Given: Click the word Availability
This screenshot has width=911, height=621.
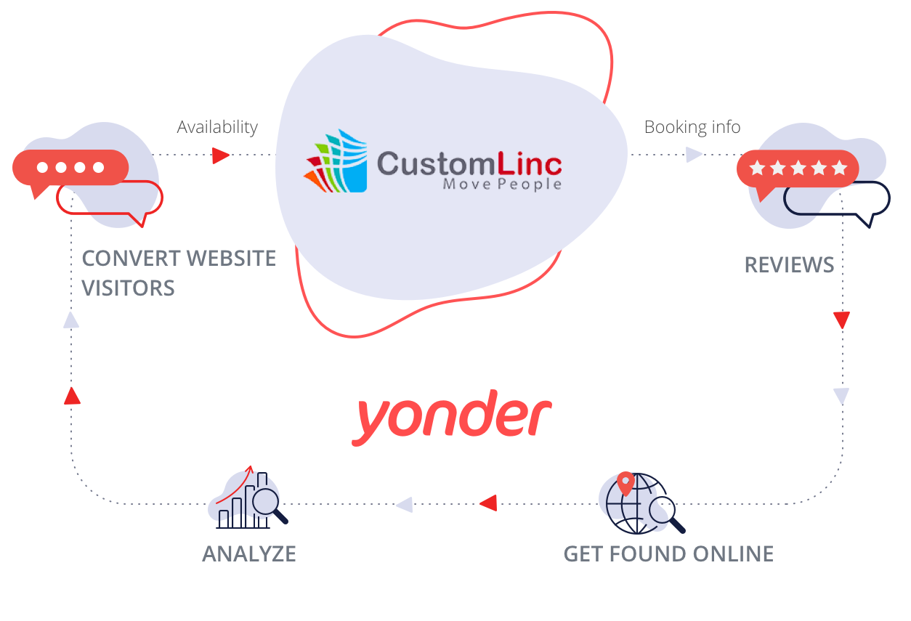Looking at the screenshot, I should pyautogui.click(x=217, y=127).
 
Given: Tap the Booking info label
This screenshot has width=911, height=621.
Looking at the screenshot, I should pyautogui.click(x=692, y=127).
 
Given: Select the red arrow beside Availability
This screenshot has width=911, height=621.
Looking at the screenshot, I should pyautogui.click(x=220, y=155).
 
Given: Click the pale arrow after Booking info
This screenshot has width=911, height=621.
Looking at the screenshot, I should pyautogui.click(x=694, y=155).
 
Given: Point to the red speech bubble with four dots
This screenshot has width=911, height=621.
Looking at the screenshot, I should pyautogui.click(x=70, y=169).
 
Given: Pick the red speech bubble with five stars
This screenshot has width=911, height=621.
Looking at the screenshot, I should pyautogui.click(x=797, y=169).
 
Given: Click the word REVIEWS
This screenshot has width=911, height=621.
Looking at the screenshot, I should pyautogui.click(x=789, y=264).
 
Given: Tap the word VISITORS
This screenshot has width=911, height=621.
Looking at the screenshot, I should pyautogui.click(x=128, y=288).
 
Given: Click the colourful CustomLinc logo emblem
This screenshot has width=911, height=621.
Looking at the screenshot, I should pyautogui.click(x=336, y=161).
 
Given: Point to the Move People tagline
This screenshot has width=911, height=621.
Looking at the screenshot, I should pyautogui.click(x=502, y=184).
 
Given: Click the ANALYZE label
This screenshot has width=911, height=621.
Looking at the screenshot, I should pyautogui.click(x=249, y=553).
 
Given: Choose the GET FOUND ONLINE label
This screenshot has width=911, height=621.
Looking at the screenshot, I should pyautogui.click(x=668, y=553).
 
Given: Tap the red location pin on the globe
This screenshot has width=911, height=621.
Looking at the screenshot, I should pyautogui.click(x=625, y=483).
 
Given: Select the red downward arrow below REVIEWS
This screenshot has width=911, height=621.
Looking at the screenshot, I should pyautogui.click(x=841, y=320).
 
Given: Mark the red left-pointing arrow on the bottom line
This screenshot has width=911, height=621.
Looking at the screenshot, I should pyautogui.click(x=487, y=503).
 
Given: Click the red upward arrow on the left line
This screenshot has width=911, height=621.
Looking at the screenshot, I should pyautogui.click(x=71, y=396).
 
